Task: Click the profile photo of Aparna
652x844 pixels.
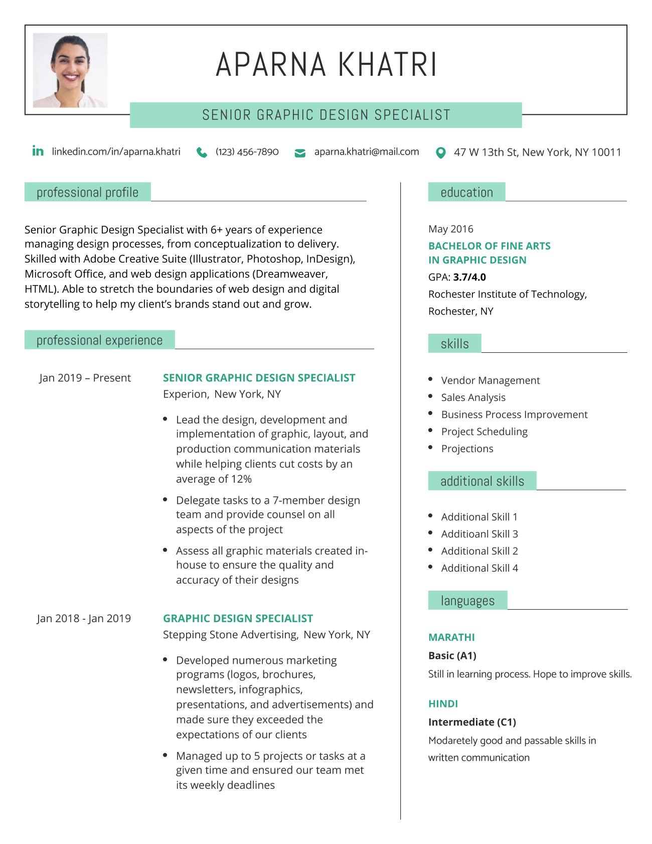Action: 70,70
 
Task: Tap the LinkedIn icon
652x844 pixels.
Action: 38,151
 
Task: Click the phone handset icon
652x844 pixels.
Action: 202,153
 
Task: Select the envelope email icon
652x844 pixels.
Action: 300,153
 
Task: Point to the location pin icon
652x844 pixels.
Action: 440,153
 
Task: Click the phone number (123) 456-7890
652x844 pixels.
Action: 247,152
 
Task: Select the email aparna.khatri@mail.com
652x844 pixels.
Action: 367,152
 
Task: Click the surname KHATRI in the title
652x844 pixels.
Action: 387,65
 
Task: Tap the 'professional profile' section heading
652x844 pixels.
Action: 87,192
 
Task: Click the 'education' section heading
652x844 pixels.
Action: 466,192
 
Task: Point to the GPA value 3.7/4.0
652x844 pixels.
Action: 469,277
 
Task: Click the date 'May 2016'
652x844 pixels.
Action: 450,229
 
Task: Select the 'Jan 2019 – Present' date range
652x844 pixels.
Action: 85,378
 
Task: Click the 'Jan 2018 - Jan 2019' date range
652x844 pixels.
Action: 84,618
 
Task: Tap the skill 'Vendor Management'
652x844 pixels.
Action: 490,380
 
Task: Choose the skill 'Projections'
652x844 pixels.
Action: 467,449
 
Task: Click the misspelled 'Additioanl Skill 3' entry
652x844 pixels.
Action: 479,534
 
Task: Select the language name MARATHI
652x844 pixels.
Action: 451,637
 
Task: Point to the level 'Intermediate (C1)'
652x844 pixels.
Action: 472,722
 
